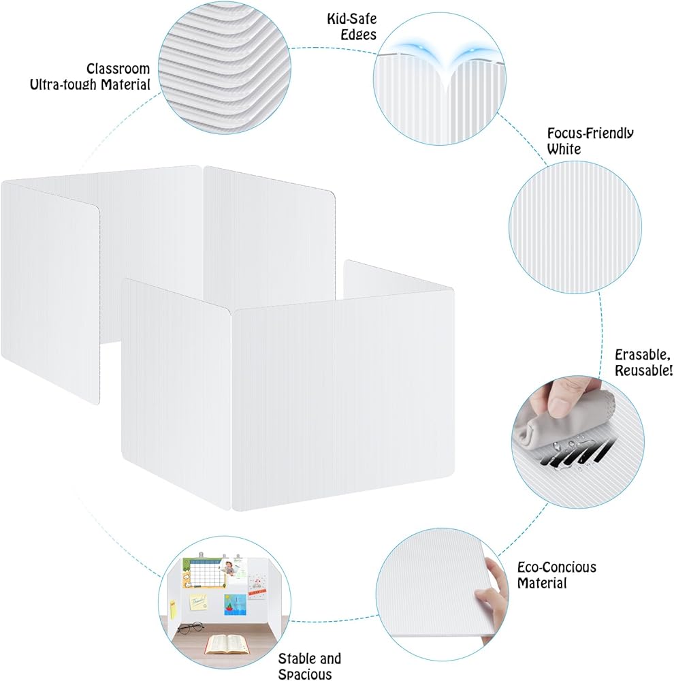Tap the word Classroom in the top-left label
tap(118, 69)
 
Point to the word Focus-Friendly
tap(590, 133)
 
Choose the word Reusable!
tap(643, 371)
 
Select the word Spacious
tap(305, 674)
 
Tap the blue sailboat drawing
tap(236, 603)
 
